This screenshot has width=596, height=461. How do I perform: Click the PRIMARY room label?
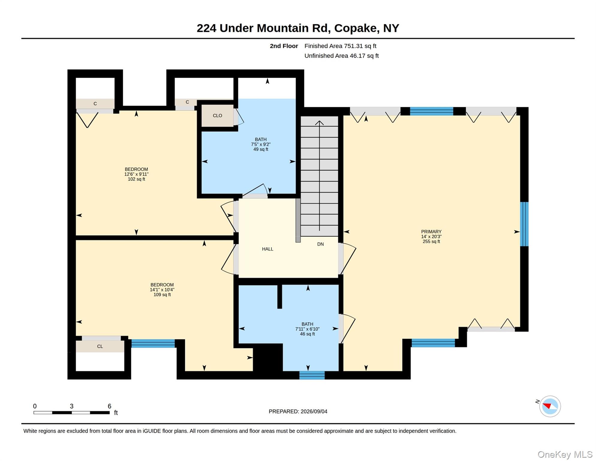pyautogui.click(x=431, y=232)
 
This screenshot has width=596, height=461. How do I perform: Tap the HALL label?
pyautogui.click(x=267, y=249)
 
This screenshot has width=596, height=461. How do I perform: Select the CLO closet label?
pyautogui.click(x=217, y=116)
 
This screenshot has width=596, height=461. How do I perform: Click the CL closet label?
pyautogui.click(x=100, y=346)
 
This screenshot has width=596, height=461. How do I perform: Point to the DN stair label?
pyautogui.click(x=320, y=244)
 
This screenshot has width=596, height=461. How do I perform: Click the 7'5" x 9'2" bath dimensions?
pyautogui.click(x=261, y=144)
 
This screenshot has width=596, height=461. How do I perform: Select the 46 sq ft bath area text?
pyautogui.click(x=307, y=334)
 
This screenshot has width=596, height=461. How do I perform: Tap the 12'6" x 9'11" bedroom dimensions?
pyautogui.click(x=136, y=174)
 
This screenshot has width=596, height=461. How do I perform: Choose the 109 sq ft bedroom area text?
pyautogui.click(x=162, y=294)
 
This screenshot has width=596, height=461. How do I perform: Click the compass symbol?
pyautogui.click(x=550, y=406)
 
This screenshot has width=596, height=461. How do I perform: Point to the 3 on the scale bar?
pyautogui.click(x=72, y=406)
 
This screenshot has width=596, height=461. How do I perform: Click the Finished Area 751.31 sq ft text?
pyautogui.click(x=340, y=46)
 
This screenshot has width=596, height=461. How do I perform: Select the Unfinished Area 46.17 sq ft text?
pyautogui.click(x=341, y=56)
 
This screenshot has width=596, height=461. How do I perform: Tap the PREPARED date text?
pyautogui.click(x=298, y=411)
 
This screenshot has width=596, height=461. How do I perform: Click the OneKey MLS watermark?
pyautogui.click(x=565, y=454)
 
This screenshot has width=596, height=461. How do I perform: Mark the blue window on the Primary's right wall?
pyautogui.click(x=524, y=224)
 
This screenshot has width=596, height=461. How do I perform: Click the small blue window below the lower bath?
pyautogui.click(x=312, y=375)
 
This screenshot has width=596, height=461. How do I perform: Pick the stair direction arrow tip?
pyautogui.click(x=319, y=121)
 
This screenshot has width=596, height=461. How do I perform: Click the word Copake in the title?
pyautogui.click(x=355, y=28)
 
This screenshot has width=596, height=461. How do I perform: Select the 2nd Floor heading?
pyautogui.click(x=284, y=46)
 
